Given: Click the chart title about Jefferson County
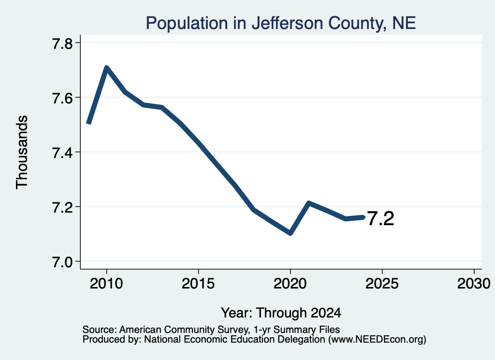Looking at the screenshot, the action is click(281, 23).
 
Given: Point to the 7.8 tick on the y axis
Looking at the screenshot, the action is click(62, 43).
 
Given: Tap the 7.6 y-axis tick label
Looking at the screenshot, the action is click(62, 98).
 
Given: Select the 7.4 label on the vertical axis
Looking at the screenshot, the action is click(62, 152).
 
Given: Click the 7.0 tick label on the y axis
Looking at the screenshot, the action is click(62, 261).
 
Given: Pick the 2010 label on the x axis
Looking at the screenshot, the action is click(106, 283).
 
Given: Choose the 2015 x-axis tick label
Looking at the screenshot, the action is click(198, 283).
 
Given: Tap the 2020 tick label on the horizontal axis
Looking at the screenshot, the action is click(290, 283).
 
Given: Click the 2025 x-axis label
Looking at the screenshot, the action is click(382, 283).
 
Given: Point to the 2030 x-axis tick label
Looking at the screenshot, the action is click(474, 283).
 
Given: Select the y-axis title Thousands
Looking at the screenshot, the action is click(22, 152).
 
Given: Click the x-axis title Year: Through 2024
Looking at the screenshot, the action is click(281, 313).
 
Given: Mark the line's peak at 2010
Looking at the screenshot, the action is click(106, 68).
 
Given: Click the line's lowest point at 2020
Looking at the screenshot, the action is click(291, 233).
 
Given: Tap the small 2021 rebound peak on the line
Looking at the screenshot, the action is click(309, 203).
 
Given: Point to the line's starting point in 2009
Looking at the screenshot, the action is click(89, 123).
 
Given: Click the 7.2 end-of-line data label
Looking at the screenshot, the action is click(381, 218).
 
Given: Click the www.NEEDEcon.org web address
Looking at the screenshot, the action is click(377, 340).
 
